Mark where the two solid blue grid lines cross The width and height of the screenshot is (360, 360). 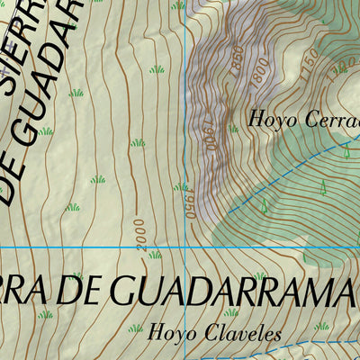(184, 246)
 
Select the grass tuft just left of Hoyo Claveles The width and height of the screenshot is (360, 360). (136, 329)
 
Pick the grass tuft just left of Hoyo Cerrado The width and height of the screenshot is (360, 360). (233, 129)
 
